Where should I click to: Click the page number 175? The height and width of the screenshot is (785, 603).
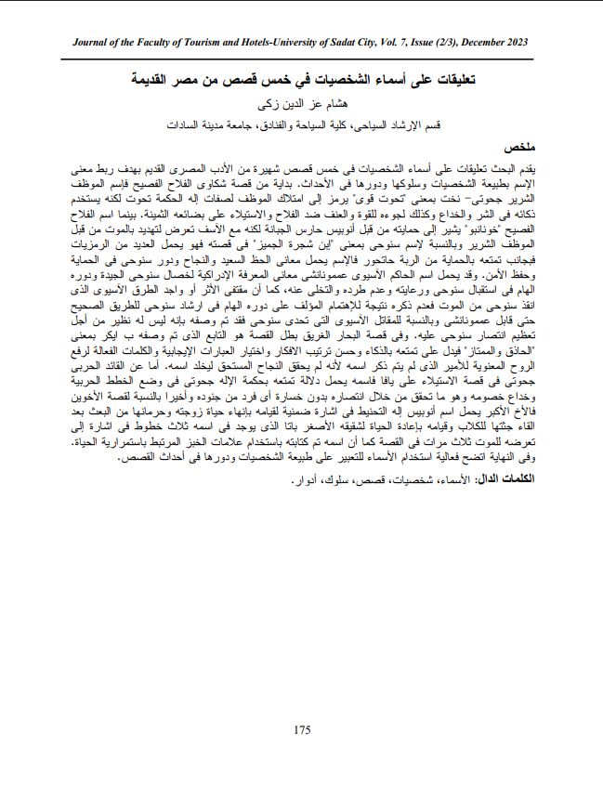(301, 730)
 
